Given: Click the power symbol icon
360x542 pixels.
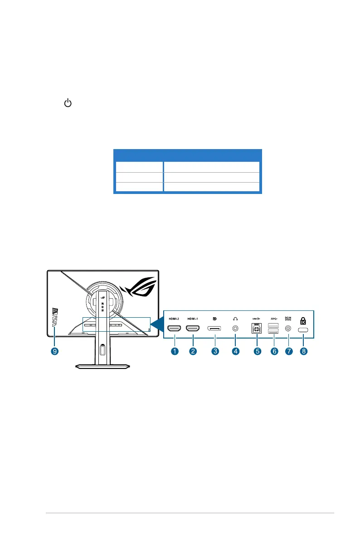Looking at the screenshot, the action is [x=68, y=104].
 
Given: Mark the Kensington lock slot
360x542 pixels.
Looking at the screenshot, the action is [x=303, y=330].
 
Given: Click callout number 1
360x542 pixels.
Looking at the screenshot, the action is [x=175, y=351].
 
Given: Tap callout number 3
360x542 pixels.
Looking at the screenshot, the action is [x=214, y=351].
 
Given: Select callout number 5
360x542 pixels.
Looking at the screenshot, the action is [x=257, y=351].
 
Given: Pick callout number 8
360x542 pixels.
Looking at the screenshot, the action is [x=303, y=351].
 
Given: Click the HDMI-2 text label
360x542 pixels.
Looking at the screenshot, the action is [x=175, y=318].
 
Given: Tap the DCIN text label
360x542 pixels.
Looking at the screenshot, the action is [x=287, y=317].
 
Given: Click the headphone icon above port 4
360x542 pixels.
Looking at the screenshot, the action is [x=235, y=318].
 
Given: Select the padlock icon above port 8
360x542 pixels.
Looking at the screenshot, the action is [x=303, y=319].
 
